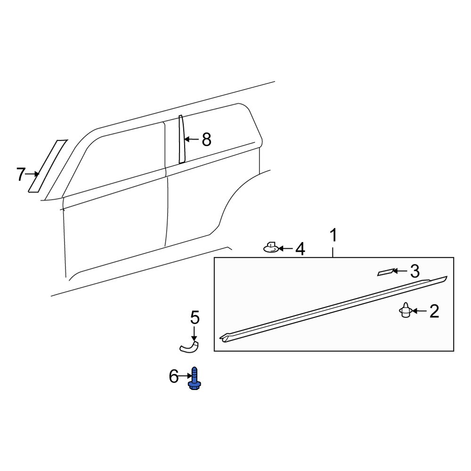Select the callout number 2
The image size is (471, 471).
[x=433, y=311]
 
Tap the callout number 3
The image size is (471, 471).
[x=414, y=271]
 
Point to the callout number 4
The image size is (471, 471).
[x=300, y=249]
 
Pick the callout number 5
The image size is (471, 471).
[x=195, y=317]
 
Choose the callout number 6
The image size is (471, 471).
[x=174, y=376]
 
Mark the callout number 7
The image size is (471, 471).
[x=20, y=175]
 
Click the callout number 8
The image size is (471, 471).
[x=206, y=139]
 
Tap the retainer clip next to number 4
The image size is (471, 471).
[x=271, y=247]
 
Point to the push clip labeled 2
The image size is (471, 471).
[x=405, y=311]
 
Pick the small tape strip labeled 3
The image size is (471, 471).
[x=385, y=272]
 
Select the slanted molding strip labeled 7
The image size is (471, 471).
[x=48, y=165]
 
